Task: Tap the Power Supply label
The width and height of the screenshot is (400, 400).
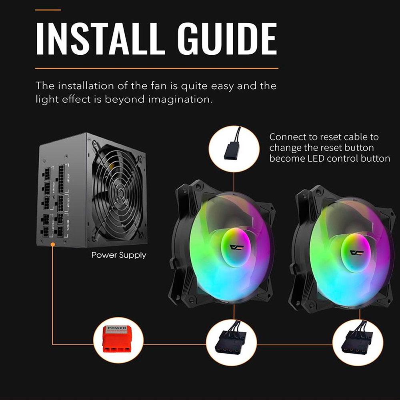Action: tap(119, 255)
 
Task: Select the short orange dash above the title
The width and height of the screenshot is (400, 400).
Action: tap(48, 10)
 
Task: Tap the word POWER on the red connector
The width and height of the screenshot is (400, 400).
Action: tap(116, 328)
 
